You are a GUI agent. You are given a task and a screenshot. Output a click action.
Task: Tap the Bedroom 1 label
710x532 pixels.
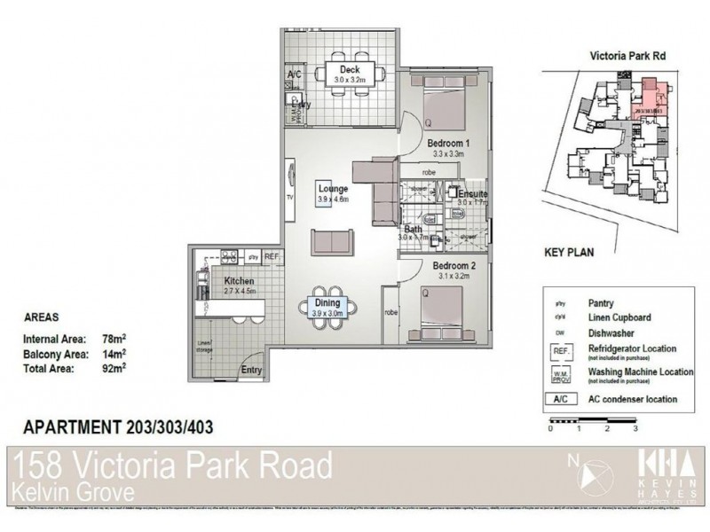pos(447,143)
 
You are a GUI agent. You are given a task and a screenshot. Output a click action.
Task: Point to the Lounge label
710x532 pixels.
pos(333,189)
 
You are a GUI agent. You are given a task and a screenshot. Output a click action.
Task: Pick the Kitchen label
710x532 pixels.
pos(215,281)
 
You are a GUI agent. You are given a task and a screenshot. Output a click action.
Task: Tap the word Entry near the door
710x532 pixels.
pos(252,371)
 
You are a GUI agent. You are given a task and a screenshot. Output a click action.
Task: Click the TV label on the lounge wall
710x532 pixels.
pos(289,198)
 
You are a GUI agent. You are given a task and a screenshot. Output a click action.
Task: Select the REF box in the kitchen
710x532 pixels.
pos(272,257)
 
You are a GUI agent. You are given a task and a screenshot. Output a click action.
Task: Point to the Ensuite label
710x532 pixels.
pos(472,192)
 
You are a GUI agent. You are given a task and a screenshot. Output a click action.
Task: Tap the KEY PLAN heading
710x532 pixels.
pos(568,252)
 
